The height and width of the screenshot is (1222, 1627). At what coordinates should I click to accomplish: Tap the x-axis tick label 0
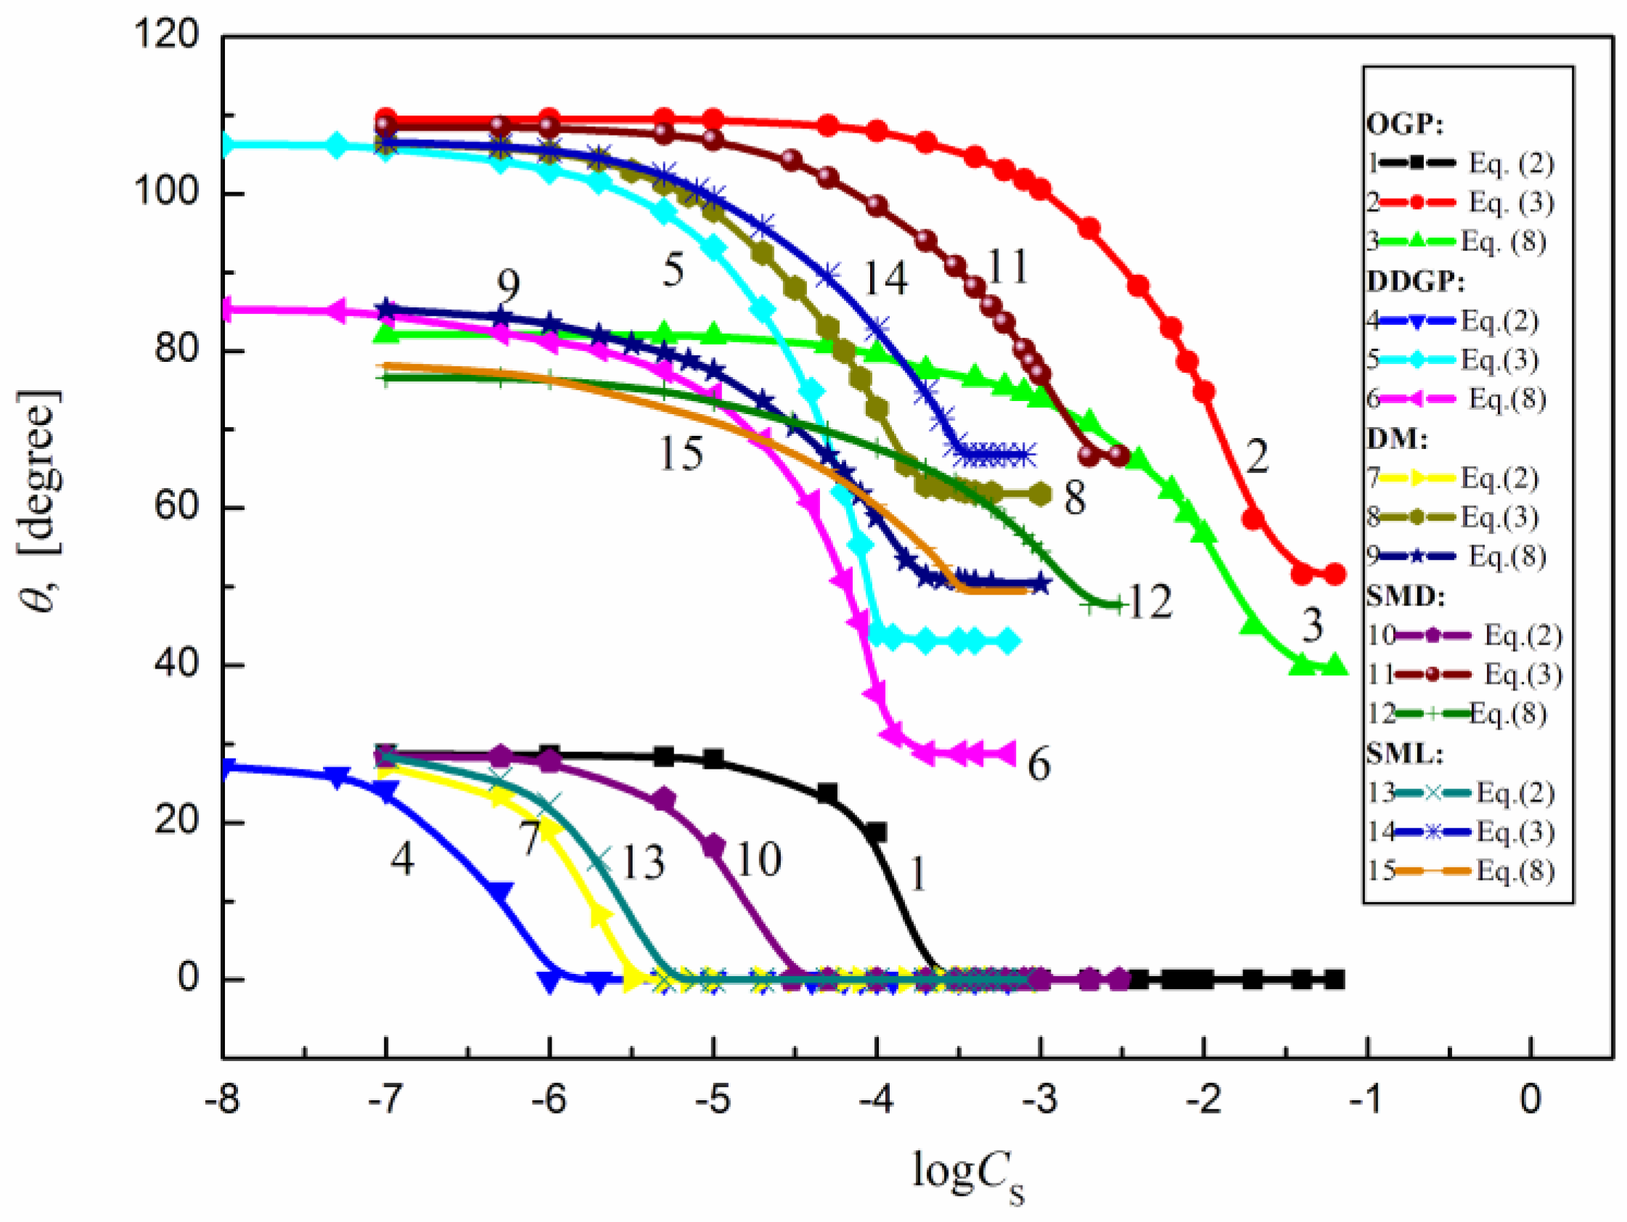[1530, 1100]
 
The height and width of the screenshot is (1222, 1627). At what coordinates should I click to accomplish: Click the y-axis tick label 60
[176, 508]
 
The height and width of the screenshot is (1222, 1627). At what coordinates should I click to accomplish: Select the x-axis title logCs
[967, 1173]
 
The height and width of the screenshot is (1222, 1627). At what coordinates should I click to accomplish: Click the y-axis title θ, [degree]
[41, 500]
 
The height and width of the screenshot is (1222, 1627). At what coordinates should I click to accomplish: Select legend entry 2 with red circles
[1460, 202]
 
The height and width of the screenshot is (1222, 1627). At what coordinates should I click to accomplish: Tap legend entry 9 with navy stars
[1456, 556]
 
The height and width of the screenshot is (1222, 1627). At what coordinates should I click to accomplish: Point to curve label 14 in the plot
[885, 279]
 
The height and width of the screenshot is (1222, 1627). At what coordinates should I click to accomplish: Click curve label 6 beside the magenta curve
[1038, 764]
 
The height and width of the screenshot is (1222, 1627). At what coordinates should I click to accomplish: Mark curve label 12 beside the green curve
[1149, 602]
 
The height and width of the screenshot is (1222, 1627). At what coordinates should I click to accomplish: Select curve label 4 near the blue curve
[401, 858]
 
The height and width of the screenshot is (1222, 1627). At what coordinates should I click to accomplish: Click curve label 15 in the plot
[681, 454]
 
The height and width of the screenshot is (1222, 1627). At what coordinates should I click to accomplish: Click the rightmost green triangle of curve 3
[1335, 666]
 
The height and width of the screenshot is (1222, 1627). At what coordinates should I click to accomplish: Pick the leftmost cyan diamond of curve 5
[226, 145]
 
